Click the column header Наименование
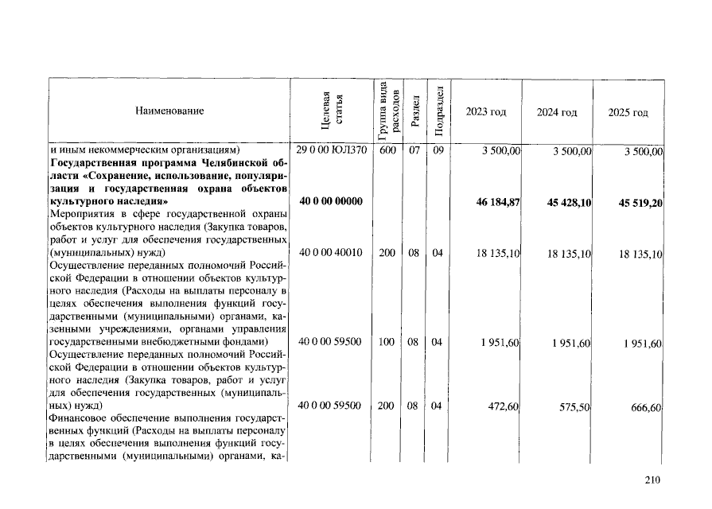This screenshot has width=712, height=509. pyautogui.click(x=169, y=111)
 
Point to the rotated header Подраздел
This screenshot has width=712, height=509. pyautogui.click(x=438, y=111)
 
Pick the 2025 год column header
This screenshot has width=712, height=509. pyautogui.click(x=628, y=112)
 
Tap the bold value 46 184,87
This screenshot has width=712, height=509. pyautogui.click(x=497, y=203)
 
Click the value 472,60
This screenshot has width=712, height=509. pyautogui.click(x=503, y=406)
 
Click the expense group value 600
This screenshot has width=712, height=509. pyautogui.click(x=387, y=150)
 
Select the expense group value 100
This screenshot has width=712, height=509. pyautogui.click(x=387, y=342)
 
